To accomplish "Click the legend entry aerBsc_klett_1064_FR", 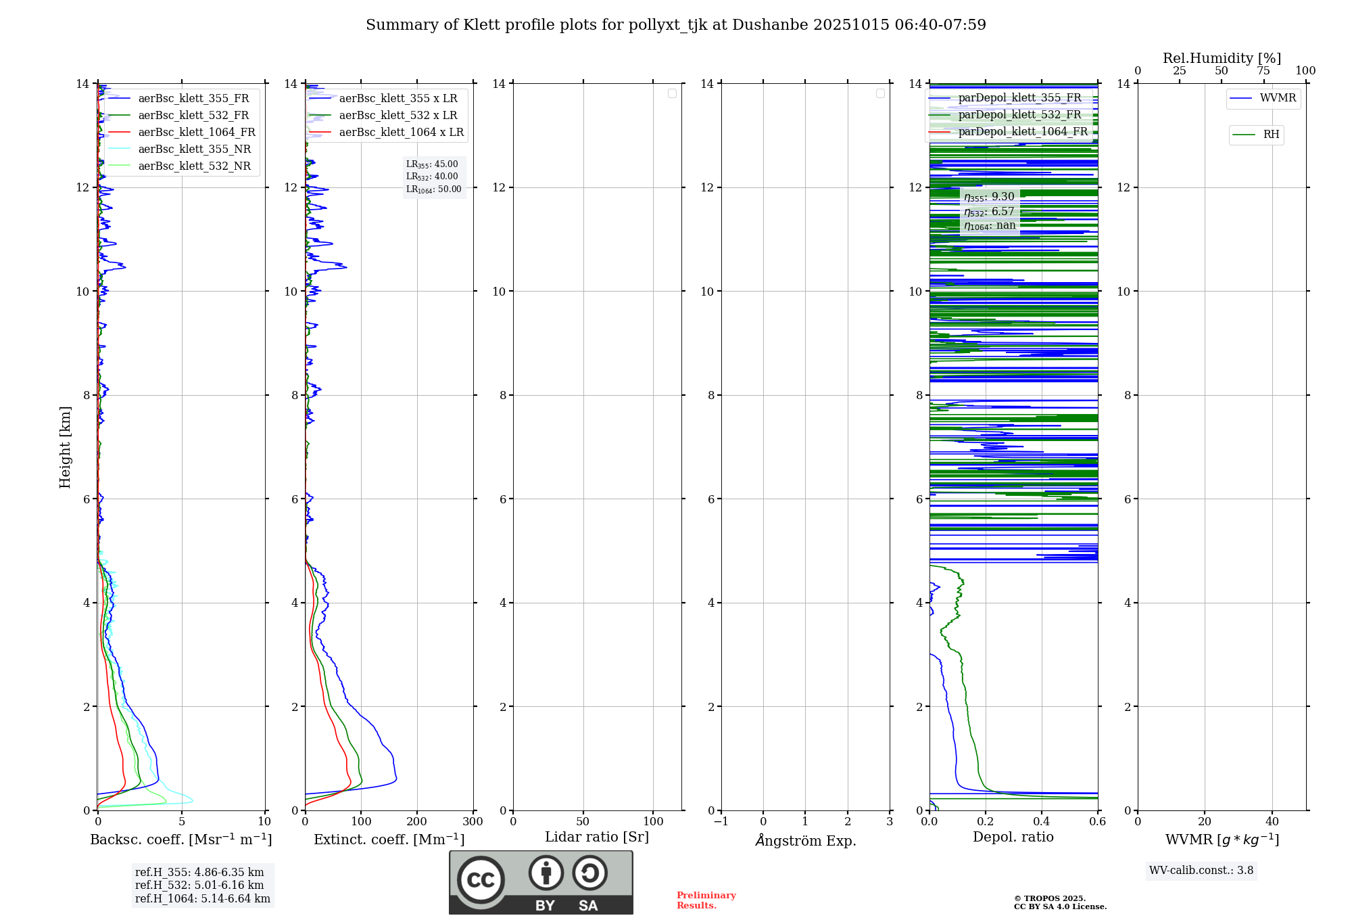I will [196, 132].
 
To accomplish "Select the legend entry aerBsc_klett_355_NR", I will [194, 149].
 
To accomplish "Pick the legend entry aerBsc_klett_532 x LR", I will [397, 115].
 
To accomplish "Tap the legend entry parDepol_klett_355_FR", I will [1019, 97].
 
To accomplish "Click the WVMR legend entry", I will [1278, 98].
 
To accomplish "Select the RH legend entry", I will [1271, 135].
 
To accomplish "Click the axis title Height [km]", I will [65, 446].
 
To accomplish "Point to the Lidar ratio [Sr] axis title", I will [597, 837].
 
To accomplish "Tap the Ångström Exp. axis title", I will [806, 840].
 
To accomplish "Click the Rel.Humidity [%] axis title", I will [1222, 58].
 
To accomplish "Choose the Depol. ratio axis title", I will [1013, 837].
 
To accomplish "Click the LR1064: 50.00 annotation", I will [434, 189].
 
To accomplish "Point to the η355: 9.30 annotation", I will [989, 197].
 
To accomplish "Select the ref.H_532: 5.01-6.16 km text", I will [199, 885].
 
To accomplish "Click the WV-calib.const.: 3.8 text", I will [1201, 870].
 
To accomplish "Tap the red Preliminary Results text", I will [706, 900].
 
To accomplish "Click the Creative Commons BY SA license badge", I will [541, 882].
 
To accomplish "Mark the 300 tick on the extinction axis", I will [473, 821].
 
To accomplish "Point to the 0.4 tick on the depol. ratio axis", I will [1042, 821].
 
